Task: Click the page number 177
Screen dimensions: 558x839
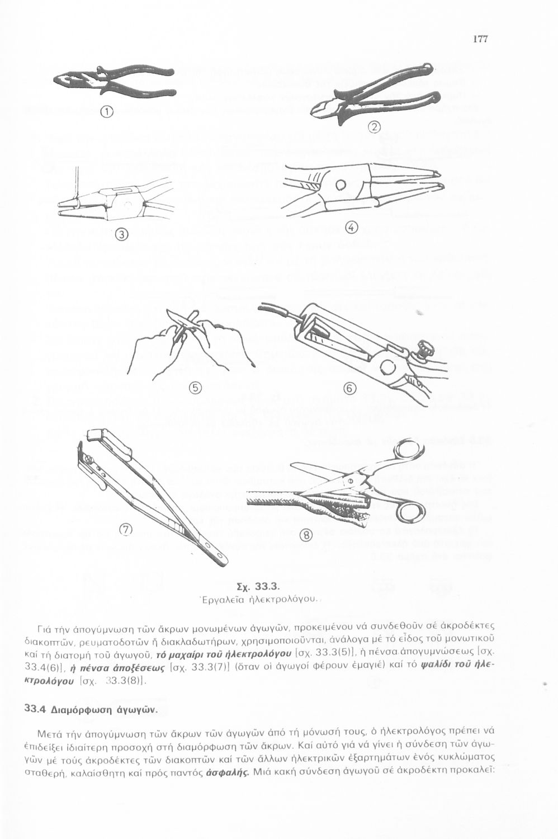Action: point(480,39)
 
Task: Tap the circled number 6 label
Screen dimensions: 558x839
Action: point(349,389)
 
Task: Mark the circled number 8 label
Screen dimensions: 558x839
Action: point(307,536)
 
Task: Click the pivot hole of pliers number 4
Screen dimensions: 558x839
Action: point(341,185)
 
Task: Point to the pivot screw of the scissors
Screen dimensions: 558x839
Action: point(351,481)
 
